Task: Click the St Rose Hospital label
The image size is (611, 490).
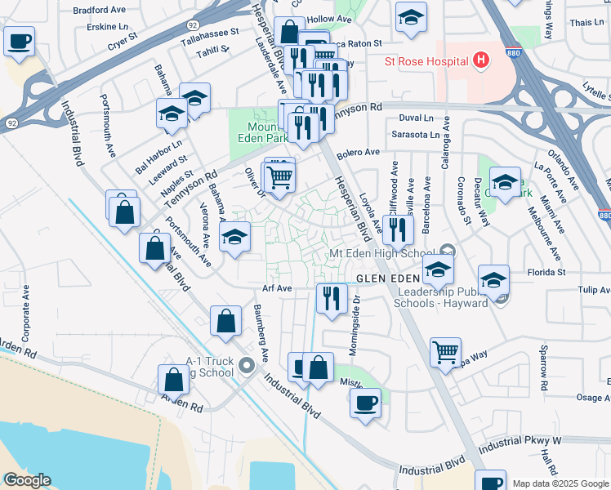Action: [426, 61]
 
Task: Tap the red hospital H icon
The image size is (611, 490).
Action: [481, 60]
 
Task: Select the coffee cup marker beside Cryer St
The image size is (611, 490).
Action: [19, 40]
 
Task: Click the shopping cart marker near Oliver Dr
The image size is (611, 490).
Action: [279, 177]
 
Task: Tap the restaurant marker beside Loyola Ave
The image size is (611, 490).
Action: [398, 229]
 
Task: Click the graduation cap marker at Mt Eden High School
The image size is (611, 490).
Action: [439, 269]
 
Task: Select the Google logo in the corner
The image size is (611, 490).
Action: [26, 480]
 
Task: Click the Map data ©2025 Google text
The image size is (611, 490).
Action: [560, 483]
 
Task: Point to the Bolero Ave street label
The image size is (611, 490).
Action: [360, 153]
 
